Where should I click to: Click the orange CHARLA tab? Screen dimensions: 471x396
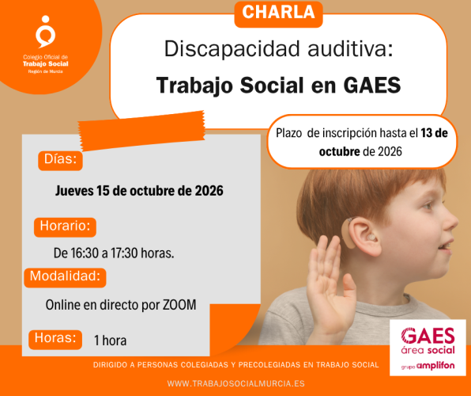tap(278, 13)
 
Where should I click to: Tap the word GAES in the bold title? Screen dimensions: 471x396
tap(372, 86)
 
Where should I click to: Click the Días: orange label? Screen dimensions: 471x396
tap(60, 160)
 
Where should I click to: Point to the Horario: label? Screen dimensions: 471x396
tap(65, 227)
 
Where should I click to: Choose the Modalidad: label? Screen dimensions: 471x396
tap(65, 277)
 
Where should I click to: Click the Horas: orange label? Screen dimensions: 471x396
tap(55, 339)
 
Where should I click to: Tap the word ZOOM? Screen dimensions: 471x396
tap(179, 305)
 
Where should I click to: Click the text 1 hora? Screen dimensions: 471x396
tap(110, 341)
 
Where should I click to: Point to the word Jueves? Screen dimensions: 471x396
tap(74, 191)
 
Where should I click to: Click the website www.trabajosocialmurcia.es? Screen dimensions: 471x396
tap(236, 383)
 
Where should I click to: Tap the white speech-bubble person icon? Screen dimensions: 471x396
tap(45, 32)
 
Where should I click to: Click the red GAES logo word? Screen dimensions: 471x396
tap(428, 336)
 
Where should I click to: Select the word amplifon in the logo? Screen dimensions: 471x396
tap(435, 366)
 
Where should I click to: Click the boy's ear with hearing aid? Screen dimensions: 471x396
tap(362, 236)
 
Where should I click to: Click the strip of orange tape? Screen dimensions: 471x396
tap(141, 131)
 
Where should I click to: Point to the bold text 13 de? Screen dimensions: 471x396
tap(435, 133)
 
